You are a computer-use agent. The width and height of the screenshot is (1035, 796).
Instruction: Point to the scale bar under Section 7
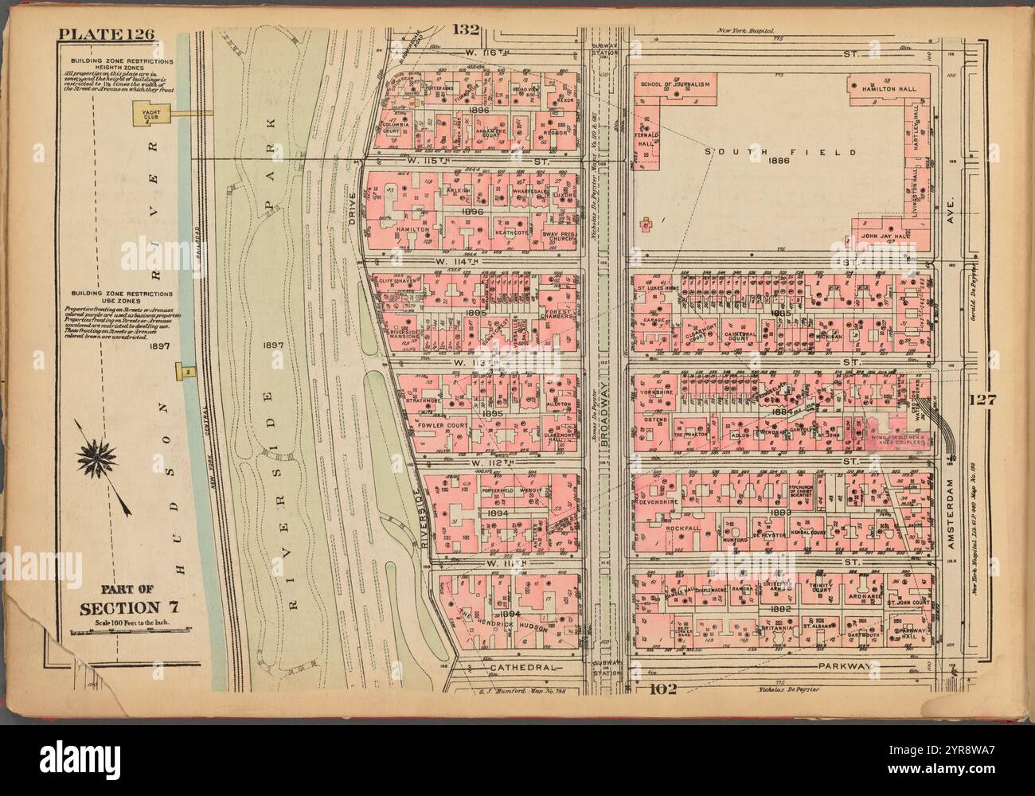pos(129,633)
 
